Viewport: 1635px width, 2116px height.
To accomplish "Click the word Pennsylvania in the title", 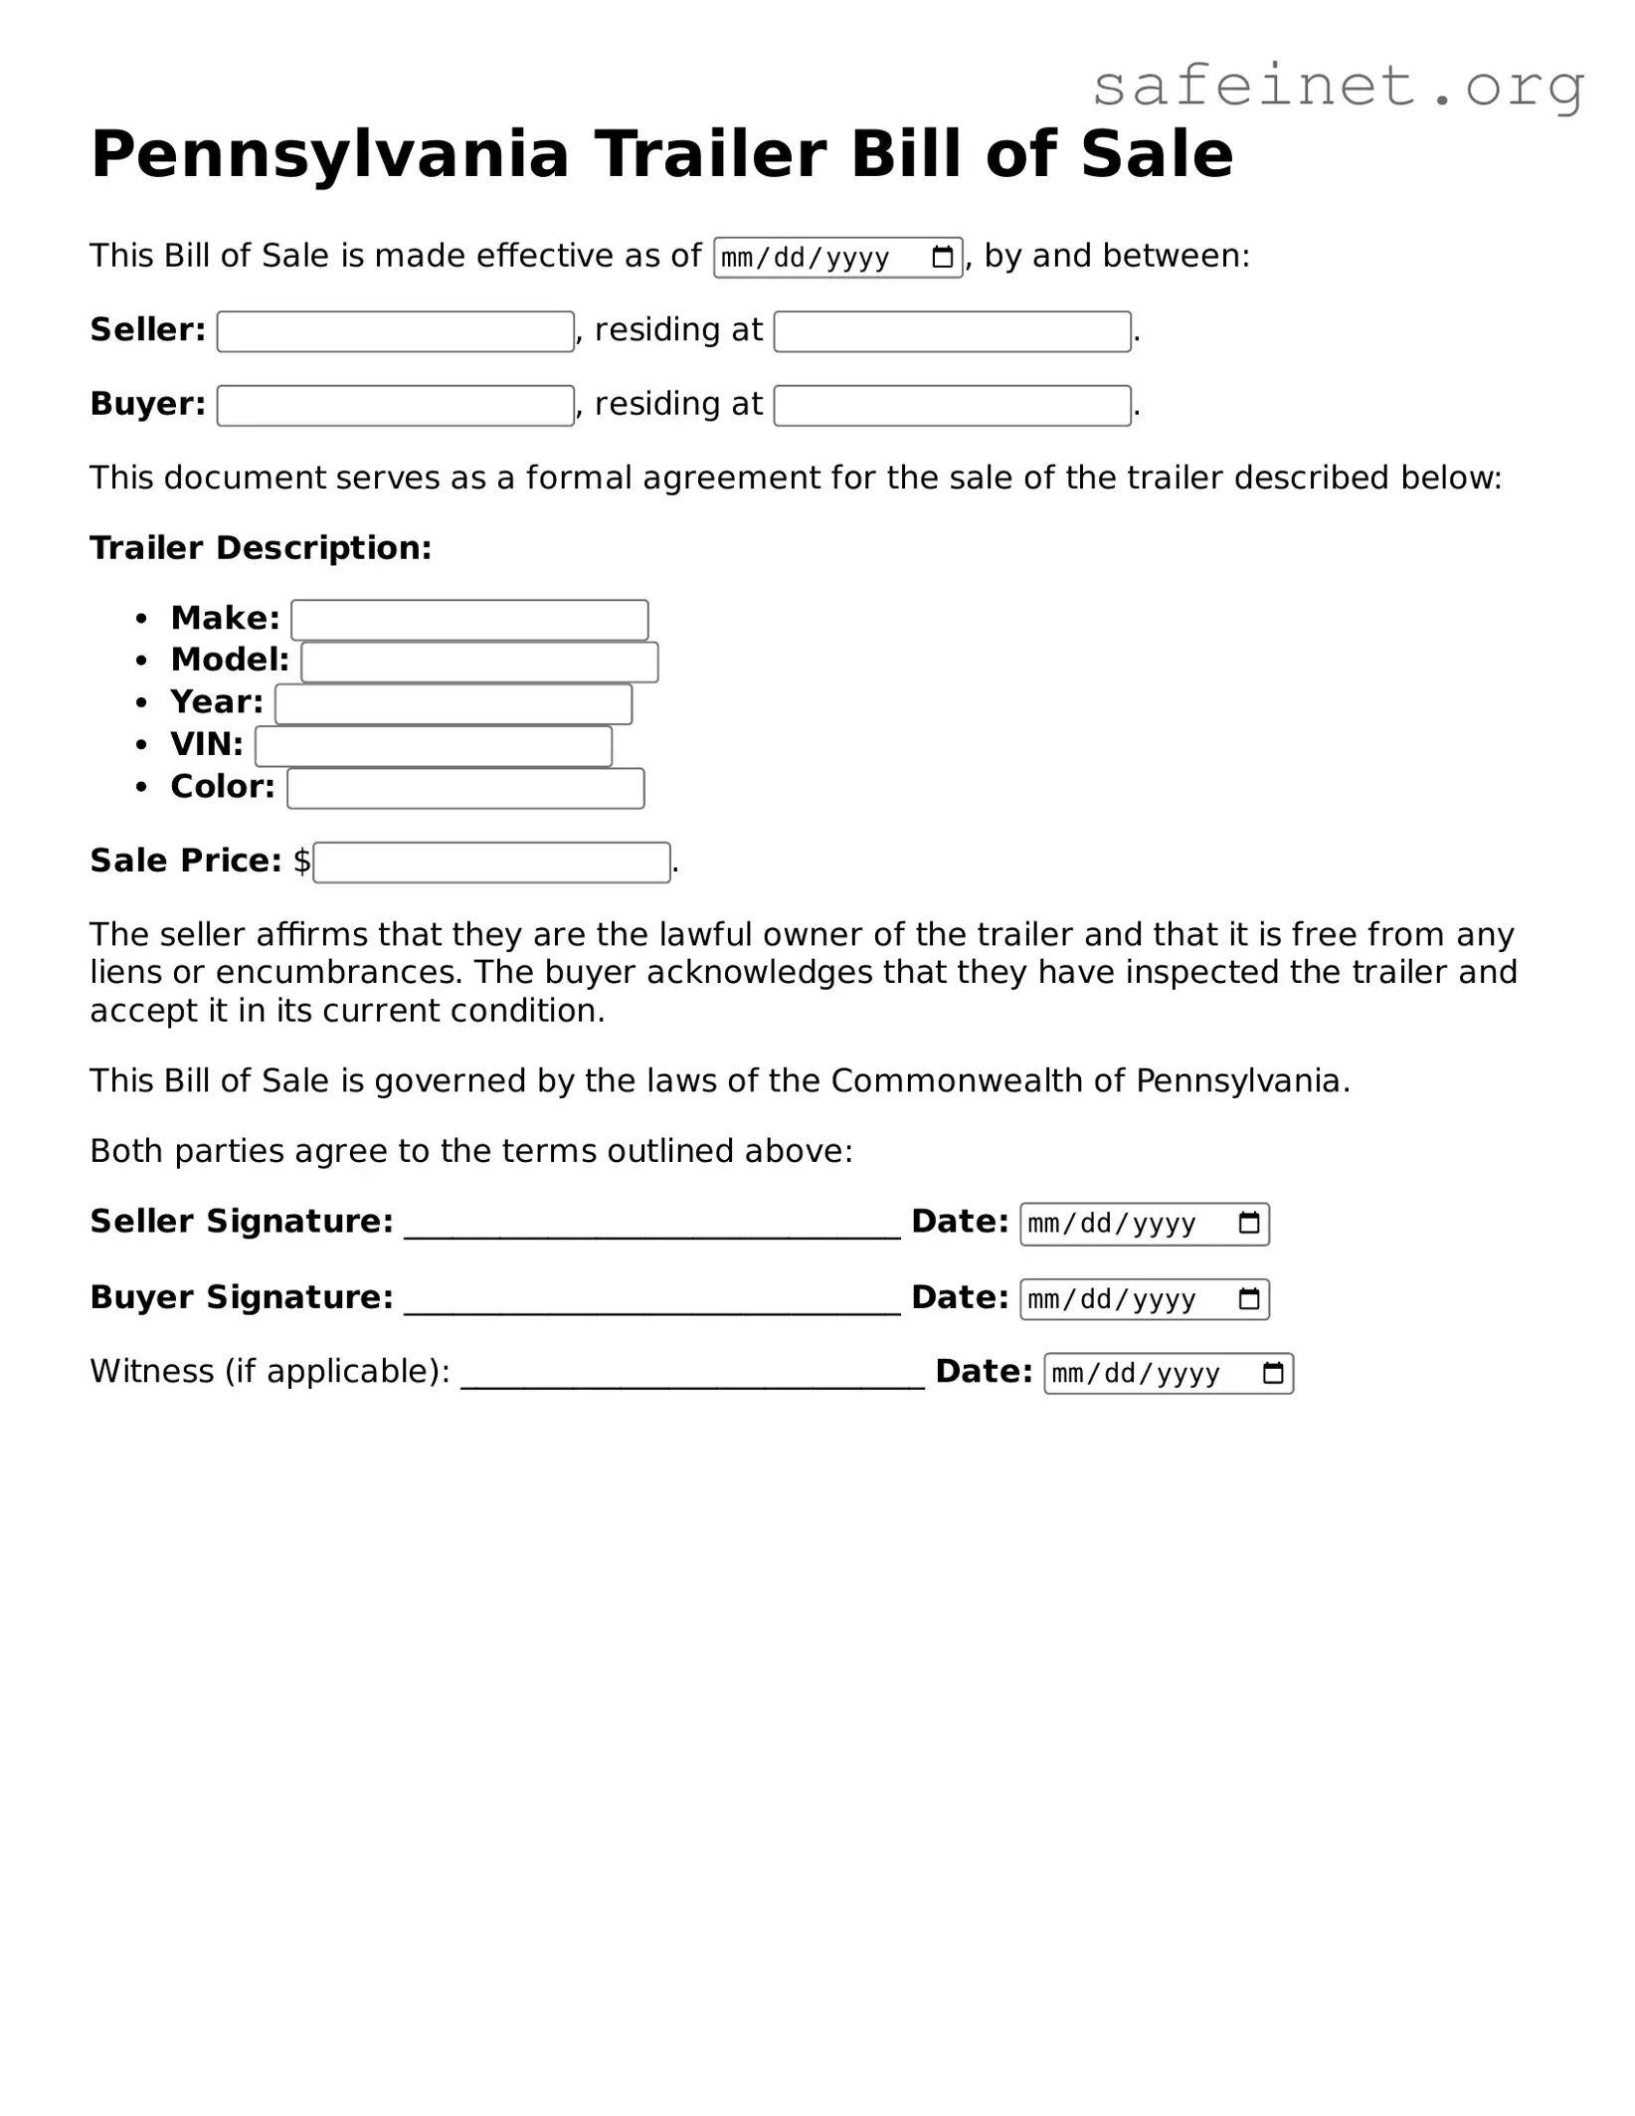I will (329, 154).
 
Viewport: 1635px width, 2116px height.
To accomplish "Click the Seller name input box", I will (395, 331).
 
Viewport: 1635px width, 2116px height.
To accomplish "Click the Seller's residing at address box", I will (952, 331).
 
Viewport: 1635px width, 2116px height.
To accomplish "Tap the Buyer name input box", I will (395, 405).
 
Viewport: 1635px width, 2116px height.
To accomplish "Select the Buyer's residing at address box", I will (952, 405).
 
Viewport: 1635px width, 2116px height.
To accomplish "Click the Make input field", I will (469, 620).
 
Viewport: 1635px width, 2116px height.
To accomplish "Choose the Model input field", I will (479, 662).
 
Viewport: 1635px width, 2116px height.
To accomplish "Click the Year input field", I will (454, 703).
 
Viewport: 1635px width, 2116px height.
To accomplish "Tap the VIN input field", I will (434, 746).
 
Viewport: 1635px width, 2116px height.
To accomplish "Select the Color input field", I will (465, 788).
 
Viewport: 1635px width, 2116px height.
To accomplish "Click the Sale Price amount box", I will (491, 862).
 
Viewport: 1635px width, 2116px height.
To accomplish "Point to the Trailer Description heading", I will (261, 548).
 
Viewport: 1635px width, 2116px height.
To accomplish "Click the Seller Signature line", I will (651, 1226).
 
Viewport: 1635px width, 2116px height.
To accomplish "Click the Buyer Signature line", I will (651, 1301).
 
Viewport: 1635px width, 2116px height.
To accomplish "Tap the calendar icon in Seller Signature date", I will (1249, 1223).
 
